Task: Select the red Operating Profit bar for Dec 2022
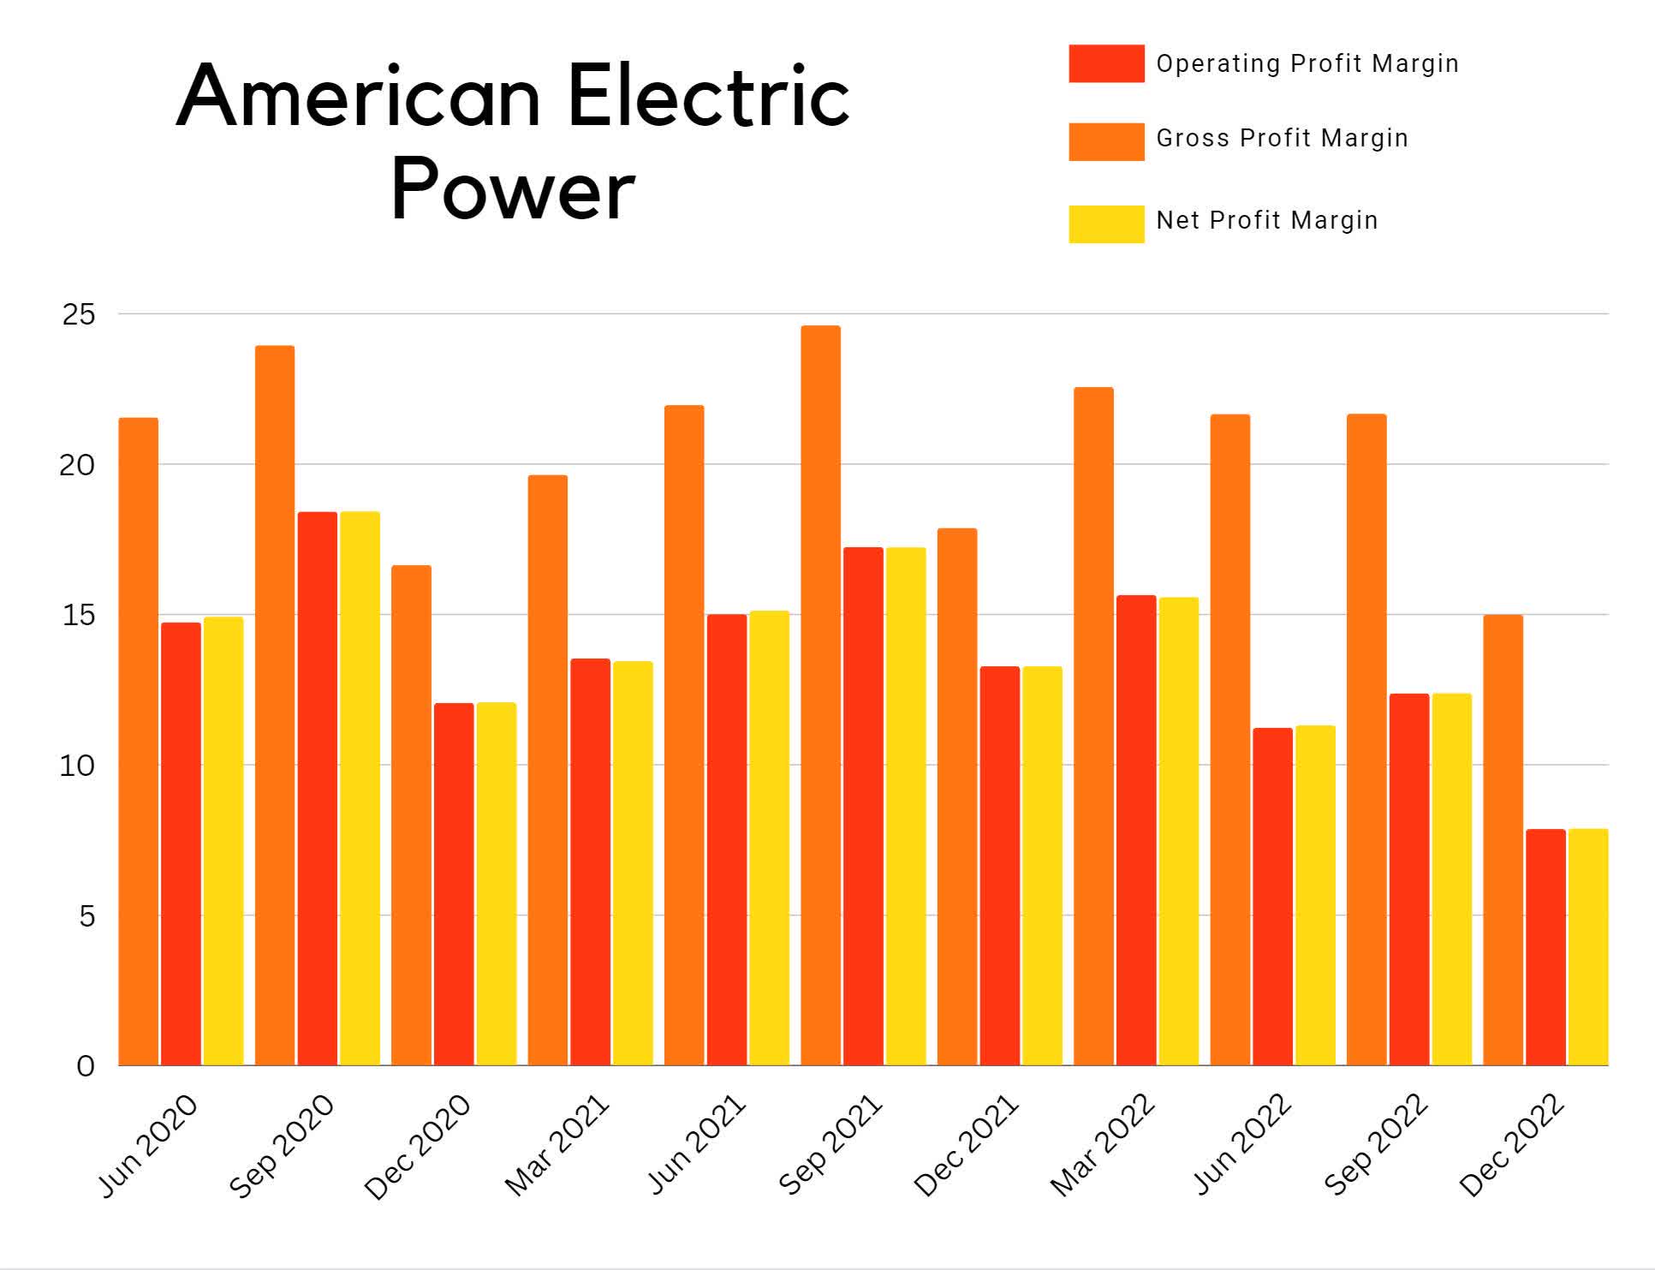[1545, 947]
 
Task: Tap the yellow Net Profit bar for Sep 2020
[360, 788]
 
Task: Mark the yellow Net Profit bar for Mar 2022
[1178, 831]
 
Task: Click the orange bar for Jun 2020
[138, 742]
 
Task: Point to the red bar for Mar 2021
[590, 862]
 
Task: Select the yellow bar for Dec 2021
[1042, 866]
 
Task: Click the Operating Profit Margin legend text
[1307, 63]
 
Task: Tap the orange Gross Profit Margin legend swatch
[1105, 141]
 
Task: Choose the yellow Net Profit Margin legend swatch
[1105, 224]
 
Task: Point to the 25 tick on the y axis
[79, 314]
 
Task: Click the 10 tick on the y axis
[77, 766]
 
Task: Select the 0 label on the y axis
[86, 1066]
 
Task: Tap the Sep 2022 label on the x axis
[1376, 1144]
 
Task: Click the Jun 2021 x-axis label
[695, 1144]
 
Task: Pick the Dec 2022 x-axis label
[1512, 1144]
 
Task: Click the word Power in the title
[513, 191]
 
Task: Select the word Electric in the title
[708, 96]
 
